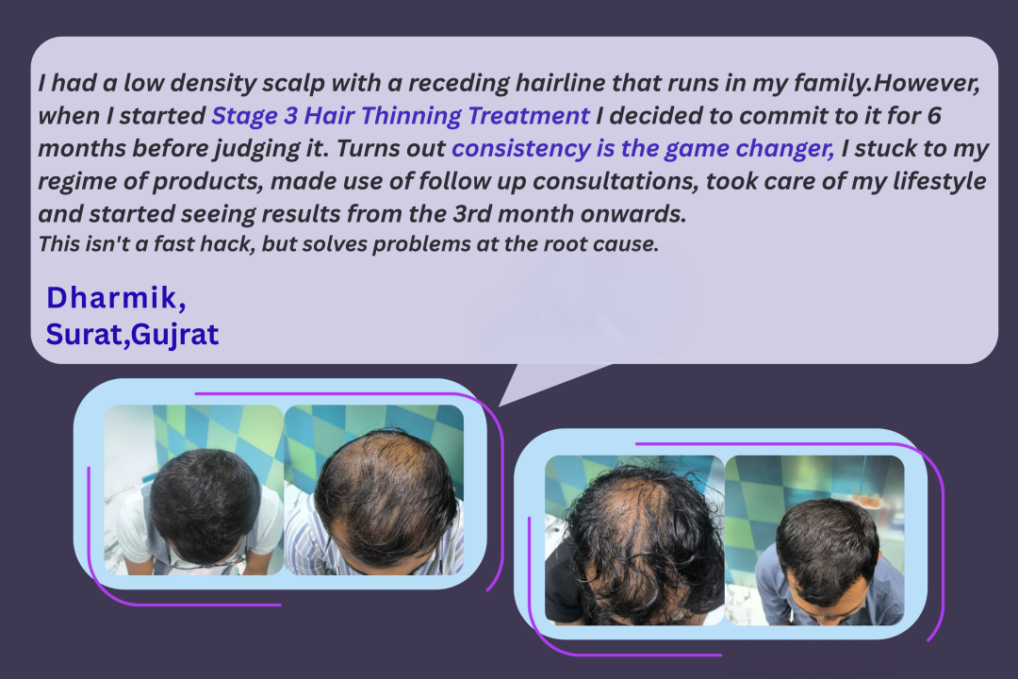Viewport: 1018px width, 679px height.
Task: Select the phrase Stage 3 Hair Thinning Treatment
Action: (x=401, y=116)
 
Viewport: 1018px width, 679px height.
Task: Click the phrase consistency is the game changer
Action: (x=643, y=149)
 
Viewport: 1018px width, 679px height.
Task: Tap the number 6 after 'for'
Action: (x=934, y=116)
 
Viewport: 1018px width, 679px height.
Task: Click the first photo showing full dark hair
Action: (x=194, y=490)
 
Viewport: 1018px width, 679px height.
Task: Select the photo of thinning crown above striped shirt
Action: (x=374, y=490)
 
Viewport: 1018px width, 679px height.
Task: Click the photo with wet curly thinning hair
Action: (x=634, y=540)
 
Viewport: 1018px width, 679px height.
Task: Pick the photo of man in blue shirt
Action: (x=814, y=540)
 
